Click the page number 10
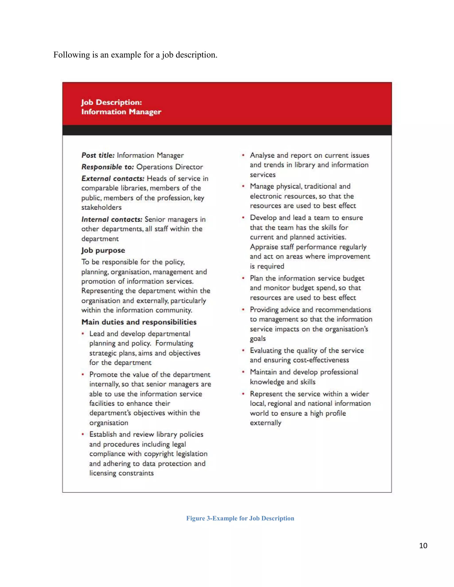pyautogui.click(x=423, y=545)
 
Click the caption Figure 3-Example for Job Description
pyautogui.click(x=240, y=518)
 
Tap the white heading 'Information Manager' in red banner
pyautogui.click(x=121, y=112)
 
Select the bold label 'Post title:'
pyautogui.click(x=98, y=155)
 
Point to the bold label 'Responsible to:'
pyautogui.click(x=108, y=167)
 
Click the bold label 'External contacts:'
pyautogui.click(x=113, y=179)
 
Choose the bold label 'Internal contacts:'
pyautogui.click(x=112, y=219)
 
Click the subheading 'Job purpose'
pyautogui.click(x=103, y=250)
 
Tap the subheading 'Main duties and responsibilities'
pyautogui.click(x=139, y=322)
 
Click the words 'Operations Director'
pyautogui.click(x=169, y=167)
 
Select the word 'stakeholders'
pyautogui.click(x=101, y=208)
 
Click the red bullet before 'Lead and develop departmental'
pyautogui.click(x=83, y=334)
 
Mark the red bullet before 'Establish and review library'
pyautogui.click(x=83, y=434)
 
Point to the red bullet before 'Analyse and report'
pyautogui.click(x=243, y=155)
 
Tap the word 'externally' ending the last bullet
pyautogui.click(x=265, y=423)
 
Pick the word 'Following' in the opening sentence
pyautogui.click(x=68, y=55)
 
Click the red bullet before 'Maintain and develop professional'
pyautogui.click(x=243, y=372)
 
